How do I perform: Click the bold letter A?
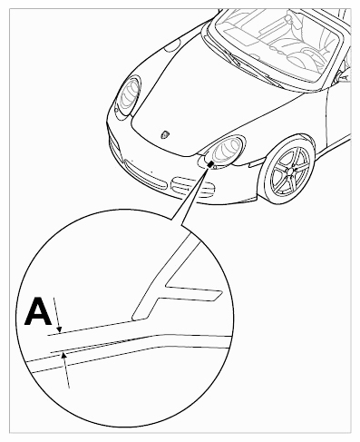(x=38, y=311)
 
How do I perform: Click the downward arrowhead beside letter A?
(x=59, y=330)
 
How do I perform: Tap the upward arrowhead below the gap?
(x=63, y=356)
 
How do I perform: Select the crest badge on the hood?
(x=166, y=134)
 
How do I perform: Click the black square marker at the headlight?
(x=210, y=164)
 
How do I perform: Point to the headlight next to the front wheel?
(x=226, y=151)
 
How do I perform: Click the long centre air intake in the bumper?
(x=145, y=175)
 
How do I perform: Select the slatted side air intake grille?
(x=193, y=186)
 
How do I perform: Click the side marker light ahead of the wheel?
(x=256, y=162)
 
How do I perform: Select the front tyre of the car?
(x=287, y=171)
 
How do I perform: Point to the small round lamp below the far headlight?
(x=116, y=111)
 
